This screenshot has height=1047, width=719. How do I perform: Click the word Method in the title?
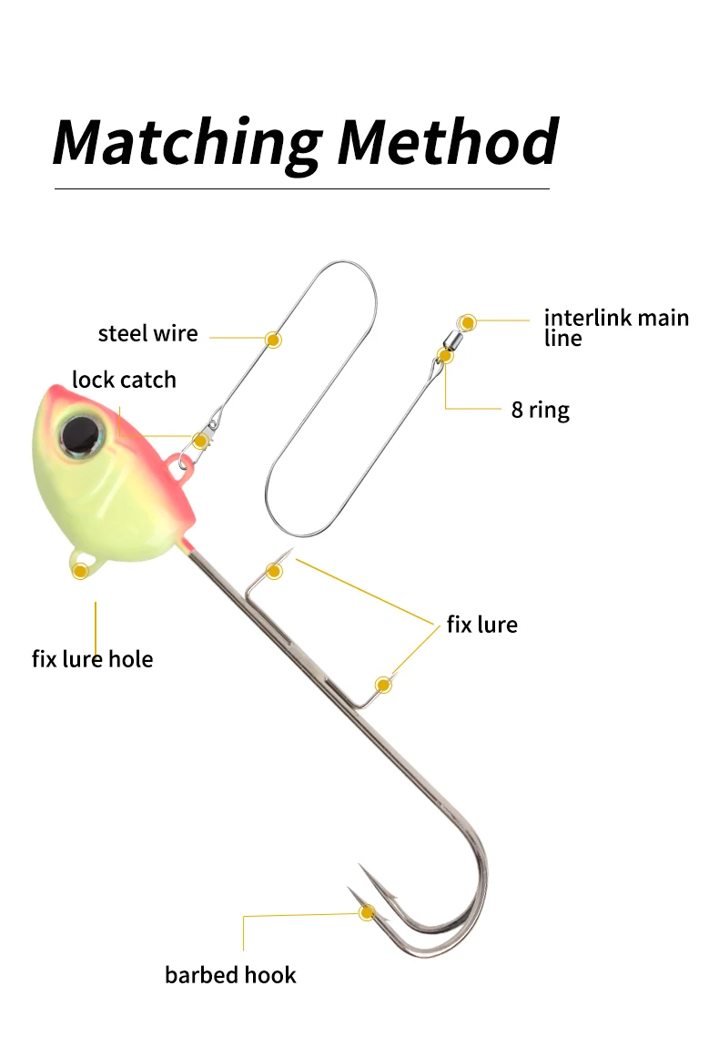click(447, 141)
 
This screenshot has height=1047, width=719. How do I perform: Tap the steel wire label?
click(147, 333)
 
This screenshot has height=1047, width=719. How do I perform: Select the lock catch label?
click(124, 380)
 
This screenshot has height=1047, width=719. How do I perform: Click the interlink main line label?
click(616, 327)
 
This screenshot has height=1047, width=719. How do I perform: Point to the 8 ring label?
click(540, 410)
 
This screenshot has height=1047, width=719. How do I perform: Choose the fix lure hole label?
click(92, 658)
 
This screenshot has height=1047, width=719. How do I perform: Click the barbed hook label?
click(230, 975)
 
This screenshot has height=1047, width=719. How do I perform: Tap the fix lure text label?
click(481, 625)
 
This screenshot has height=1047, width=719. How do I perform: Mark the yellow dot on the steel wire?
click(273, 339)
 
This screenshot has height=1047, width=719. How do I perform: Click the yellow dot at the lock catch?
click(200, 442)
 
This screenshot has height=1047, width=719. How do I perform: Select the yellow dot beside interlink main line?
click(468, 322)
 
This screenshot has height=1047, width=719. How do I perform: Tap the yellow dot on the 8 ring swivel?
click(446, 356)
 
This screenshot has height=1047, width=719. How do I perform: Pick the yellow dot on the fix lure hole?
click(80, 571)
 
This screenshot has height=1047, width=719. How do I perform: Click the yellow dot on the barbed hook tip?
click(367, 912)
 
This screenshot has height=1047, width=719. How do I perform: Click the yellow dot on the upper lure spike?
click(274, 571)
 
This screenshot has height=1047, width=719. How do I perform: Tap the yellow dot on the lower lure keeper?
click(383, 685)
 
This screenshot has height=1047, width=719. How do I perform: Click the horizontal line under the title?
click(302, 188)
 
